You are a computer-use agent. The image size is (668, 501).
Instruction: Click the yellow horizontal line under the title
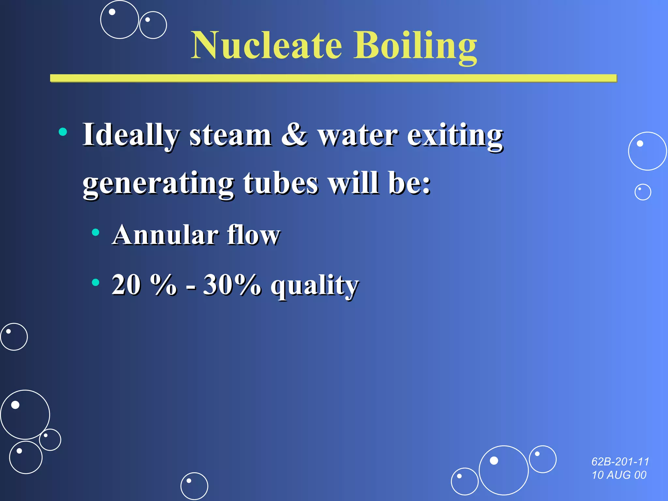click(x=333, y=78)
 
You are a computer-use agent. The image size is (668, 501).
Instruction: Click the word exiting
click(x=455, y=135)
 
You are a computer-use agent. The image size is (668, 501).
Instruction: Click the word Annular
click(x=165, y=235)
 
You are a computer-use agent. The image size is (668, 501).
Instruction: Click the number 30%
click(x=232, y=284)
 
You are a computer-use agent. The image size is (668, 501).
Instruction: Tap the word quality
click(x=315, y=286)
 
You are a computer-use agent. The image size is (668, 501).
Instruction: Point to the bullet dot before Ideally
click(x=63, y=132)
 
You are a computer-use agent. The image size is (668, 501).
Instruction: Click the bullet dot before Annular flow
click(x=95, y=232)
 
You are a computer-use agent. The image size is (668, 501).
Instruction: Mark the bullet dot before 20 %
click(x=95, y=282)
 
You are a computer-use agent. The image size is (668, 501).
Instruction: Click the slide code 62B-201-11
click(x=620, y=462)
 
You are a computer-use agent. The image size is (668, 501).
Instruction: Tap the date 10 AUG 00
click(x=619, y=475)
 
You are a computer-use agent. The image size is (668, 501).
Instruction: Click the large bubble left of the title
click(x=119, y=20)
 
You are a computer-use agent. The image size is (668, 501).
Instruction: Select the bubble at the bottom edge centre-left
click(x=194, y=486)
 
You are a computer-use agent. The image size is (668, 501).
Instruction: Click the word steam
click(x=230, y=135)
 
